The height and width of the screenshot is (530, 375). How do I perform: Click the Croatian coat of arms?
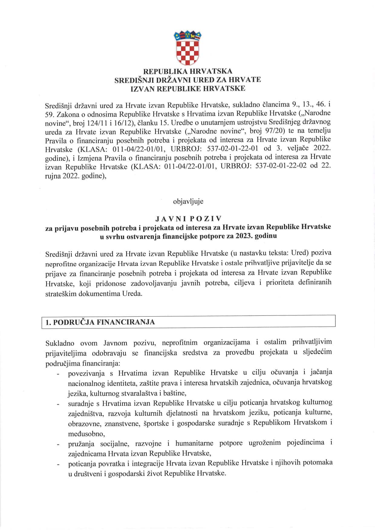[x=187, y=47]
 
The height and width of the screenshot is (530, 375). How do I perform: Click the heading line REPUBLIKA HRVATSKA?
[x=187, y=71]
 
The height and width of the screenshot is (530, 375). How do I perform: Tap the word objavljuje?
[x=188, y=201]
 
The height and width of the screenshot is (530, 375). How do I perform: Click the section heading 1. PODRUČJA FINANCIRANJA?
[x=100, y=322]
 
